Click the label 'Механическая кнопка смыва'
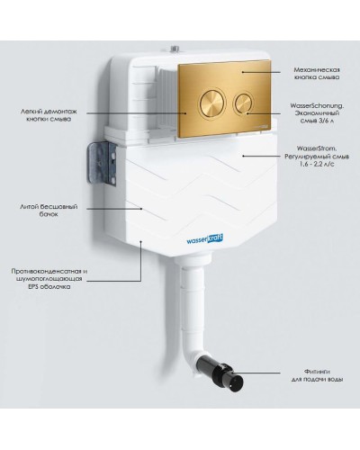(317, 74)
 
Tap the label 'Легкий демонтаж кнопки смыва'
(49, 115)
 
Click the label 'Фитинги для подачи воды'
(317, 375)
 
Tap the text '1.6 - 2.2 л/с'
(317, 164)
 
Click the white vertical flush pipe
(193, 305)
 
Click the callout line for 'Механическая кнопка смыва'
(261, 72)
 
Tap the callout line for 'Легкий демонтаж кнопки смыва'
(137, 113)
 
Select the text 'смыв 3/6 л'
(317, 121)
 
